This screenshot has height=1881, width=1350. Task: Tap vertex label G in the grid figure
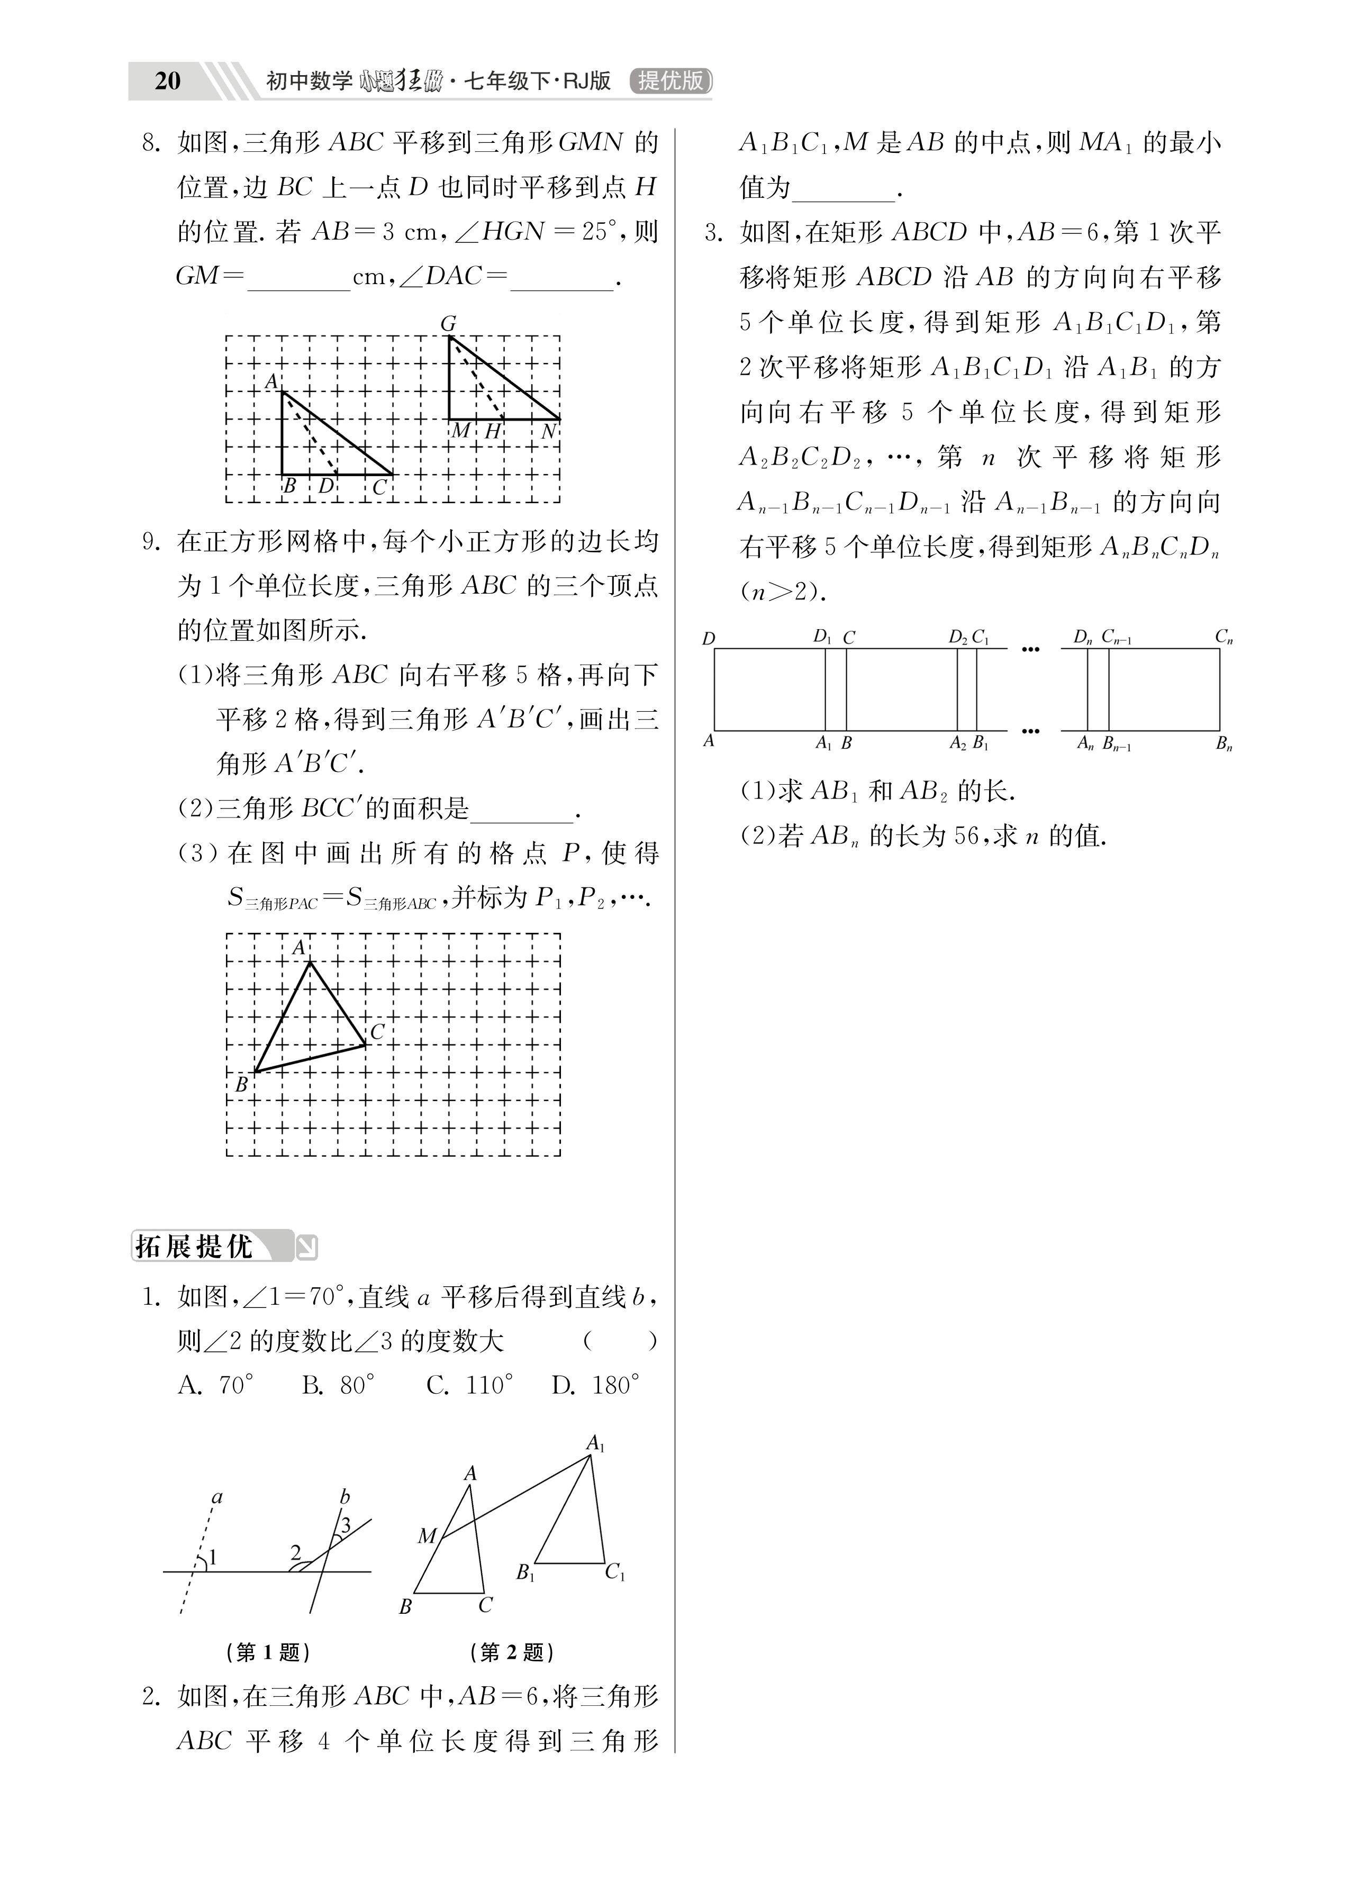point(448,323)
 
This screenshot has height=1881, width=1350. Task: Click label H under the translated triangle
point(493,431)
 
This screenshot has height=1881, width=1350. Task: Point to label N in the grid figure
point(548,431)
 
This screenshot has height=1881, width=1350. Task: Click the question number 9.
point(151,542)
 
